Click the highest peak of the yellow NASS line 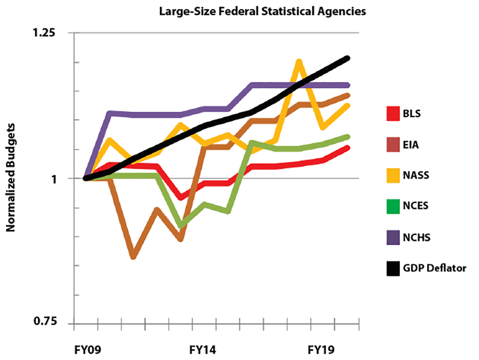pyautogui.click(x=299, y=62)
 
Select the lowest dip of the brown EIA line pyautogui.click(x=133, y=257)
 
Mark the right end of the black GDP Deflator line pyautogui.click(x=347, y=58)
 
